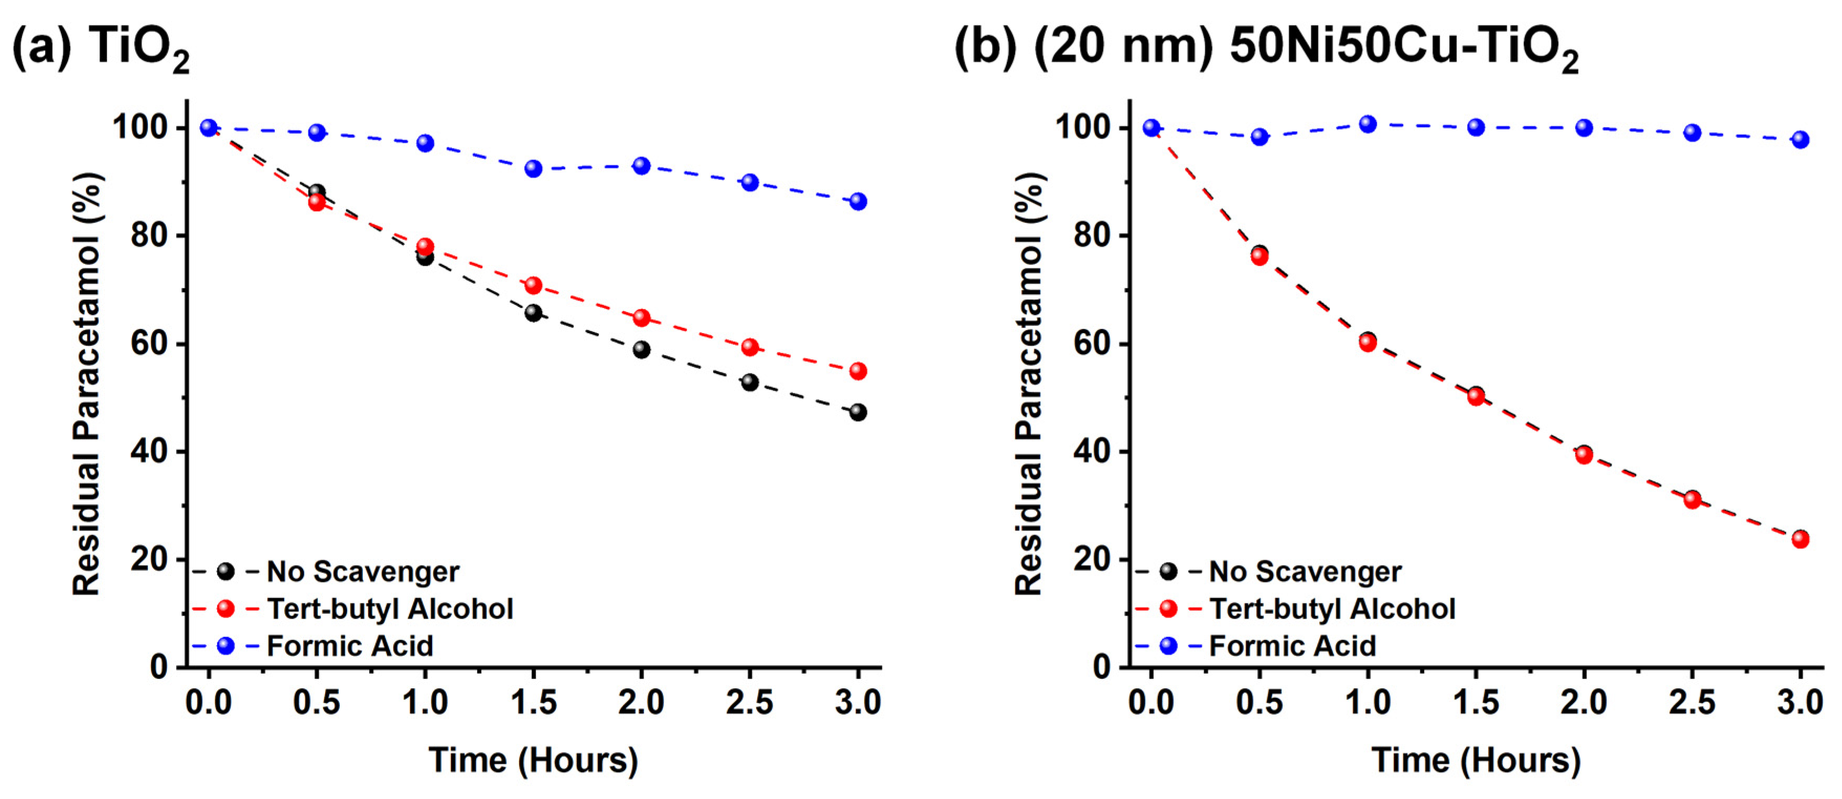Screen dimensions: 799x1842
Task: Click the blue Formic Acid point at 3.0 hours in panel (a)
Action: tap(858, 201)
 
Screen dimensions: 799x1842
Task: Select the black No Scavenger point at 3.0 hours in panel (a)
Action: tap(858, 413)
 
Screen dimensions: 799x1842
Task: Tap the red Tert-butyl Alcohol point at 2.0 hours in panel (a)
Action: tap(641, 317)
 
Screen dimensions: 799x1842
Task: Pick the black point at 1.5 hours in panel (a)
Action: tap(533, 313)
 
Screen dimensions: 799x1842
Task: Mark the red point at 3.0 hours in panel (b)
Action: tap(1801, 539)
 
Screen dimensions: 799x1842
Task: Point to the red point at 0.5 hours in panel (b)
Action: tap(1260, 257)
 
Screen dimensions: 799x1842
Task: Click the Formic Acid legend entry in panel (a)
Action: tap(350, 646)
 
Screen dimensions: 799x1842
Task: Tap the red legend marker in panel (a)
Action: tap(225, 609)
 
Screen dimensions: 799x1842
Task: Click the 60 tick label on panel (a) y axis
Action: tap(149, 344)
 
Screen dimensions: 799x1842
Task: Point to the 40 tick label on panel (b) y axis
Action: tap(1092, 452)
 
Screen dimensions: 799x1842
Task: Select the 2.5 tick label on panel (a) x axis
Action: tap(749, 702)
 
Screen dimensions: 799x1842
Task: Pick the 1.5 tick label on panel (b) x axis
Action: tap(1476, 702)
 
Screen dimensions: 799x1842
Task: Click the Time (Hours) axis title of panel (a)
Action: tap(533, 760)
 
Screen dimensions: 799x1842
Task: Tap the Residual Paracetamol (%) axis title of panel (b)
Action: tap(1030, 383)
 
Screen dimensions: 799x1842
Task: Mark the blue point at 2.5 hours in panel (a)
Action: tap(749, 183)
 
